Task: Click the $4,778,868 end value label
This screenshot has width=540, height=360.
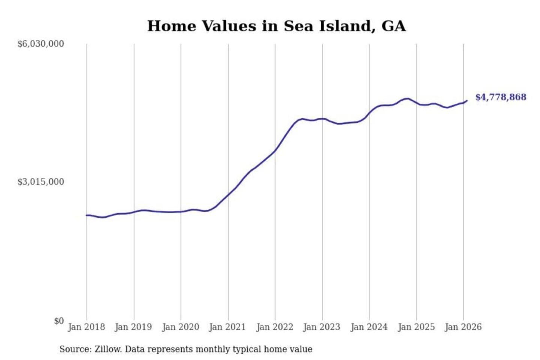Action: coord(501,97)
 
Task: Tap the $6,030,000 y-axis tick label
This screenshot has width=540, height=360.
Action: coord(41,44)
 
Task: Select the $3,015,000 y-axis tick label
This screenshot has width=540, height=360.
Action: coord(41,182)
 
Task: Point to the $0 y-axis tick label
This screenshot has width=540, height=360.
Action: coord(59,321)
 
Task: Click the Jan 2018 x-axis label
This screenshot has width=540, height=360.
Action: coord(86,327)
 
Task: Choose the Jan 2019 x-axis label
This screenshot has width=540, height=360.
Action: coord(133,327)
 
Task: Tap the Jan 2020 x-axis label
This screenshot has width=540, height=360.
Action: coord(180,327)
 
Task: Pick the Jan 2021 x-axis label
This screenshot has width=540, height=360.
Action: coord(227,327)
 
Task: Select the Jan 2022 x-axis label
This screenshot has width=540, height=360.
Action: coord(274,327)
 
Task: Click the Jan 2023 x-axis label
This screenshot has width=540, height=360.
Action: coord(321,327)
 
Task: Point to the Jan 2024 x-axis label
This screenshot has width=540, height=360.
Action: coord(369,327)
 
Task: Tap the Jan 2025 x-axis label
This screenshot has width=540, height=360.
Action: coord(416,327)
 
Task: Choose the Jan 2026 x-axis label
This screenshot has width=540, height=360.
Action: coord(463,327)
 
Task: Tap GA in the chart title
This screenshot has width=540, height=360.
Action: coord(393,26)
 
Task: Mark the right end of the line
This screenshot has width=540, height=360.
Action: coord(467,100)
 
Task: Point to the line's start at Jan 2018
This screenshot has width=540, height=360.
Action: coord(87,215)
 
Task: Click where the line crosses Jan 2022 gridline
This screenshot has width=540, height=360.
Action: coord(275,151)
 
